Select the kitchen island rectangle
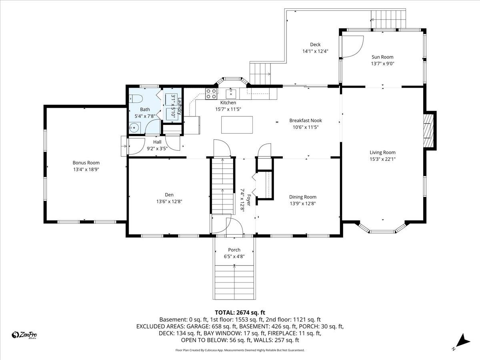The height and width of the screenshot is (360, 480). click(237, 124)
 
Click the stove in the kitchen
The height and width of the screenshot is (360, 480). click(211, 94)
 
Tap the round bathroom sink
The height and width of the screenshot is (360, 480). click(134, 128)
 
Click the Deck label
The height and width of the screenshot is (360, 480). click(315, 45)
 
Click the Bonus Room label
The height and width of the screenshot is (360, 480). click(86, 163)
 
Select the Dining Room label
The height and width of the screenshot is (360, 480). click(302, 197)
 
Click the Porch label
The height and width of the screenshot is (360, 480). click(234, 250)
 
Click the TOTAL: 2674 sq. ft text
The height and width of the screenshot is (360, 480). click(240, 312)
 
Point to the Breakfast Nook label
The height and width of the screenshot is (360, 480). click(305, 120)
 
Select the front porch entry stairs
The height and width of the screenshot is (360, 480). click(234, 282)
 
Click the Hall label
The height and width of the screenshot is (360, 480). click(157, 142)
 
